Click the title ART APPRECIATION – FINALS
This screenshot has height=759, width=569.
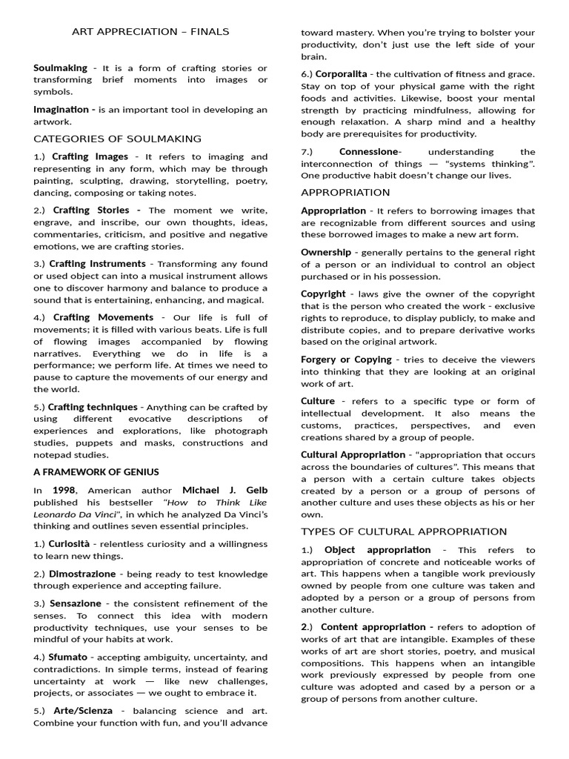150,31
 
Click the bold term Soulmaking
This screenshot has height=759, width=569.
60,67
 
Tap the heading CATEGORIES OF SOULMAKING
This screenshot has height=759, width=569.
117,139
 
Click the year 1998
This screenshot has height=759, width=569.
64,490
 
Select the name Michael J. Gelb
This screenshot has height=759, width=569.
225,490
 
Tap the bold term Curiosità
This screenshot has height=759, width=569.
76,544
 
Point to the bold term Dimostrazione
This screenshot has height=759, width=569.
82,574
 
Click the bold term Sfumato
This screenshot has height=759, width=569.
68,657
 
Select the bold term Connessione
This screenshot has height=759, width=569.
368,151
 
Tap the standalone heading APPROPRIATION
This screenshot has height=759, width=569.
346,192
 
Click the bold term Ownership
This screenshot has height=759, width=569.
326,252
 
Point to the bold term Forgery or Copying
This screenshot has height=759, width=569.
346,359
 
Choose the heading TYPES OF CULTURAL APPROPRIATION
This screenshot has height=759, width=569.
404,531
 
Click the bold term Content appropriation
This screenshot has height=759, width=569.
373,627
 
